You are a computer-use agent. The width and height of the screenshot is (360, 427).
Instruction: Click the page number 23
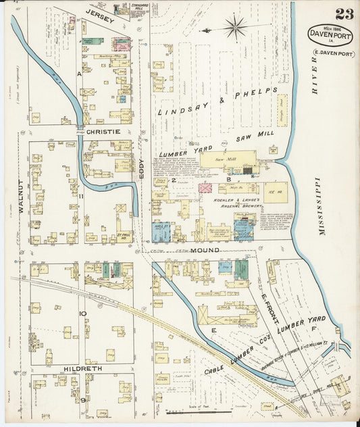pyautogui.click(x=344, y=14)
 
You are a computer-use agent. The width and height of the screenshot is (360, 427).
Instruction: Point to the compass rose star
pyautogui.click(x=235, y=28)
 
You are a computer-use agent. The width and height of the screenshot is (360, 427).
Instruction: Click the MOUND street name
pyautogui.click(x=206, y=251)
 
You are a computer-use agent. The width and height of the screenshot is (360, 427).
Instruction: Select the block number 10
pyautogui.click(x=82, y=313)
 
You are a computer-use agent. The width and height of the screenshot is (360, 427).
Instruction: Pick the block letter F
pyautogui.click(x=313, y=328)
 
